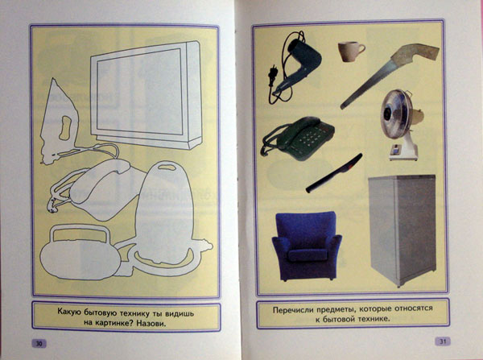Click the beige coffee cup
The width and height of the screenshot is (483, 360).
click(x=350, y=52)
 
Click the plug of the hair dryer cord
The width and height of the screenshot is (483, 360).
click(x=272, y=75)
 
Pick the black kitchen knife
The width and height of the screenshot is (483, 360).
click(x=334, y=173)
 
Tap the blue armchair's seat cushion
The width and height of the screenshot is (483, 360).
click(x=308, y=254)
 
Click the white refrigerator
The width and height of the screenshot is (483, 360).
click(x=402, y=230)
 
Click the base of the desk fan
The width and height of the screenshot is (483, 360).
click(x=403, y=151)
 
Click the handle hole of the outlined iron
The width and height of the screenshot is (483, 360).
click(x=65, y=128)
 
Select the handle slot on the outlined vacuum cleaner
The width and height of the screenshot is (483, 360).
click(x=167, y=168)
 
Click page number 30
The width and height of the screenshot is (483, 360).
click(x=39, y=343)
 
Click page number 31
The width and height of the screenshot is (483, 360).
click(x=442, y=341)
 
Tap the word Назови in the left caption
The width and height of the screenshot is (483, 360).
click(x=151, y=324)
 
